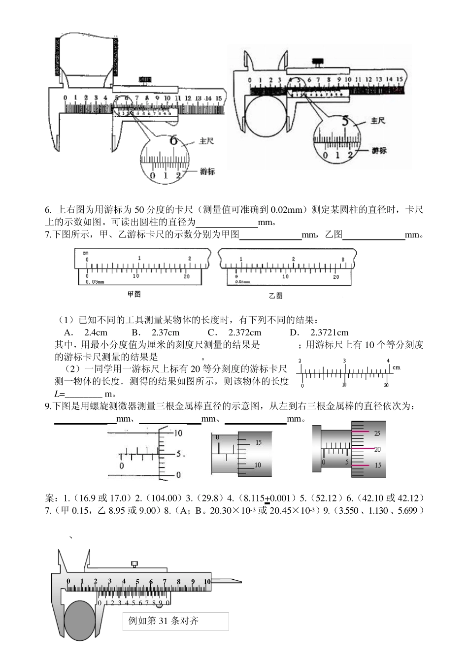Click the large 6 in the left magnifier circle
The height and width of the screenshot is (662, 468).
tap(173, 140)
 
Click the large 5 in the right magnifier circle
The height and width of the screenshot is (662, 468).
tap(345, 120)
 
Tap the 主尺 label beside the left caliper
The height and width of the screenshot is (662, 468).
tap(206, 141)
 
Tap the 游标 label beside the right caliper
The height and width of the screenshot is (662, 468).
tap(379, 151)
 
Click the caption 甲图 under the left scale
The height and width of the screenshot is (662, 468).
tap(134, 294)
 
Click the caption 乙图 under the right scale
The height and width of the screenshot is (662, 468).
tap(276, 296)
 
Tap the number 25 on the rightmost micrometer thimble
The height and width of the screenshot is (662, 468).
tap(378, 433)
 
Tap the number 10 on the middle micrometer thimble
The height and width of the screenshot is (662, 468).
tap(257, 465)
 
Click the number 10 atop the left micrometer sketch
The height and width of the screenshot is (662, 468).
tap(178, 433)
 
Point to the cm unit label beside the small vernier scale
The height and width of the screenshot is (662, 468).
tap(396, 367)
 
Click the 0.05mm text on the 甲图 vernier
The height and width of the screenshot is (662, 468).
tap(95, 282)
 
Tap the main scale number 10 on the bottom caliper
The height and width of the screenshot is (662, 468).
tap(207, 582)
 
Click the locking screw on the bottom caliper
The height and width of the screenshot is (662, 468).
tap(134, 564)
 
